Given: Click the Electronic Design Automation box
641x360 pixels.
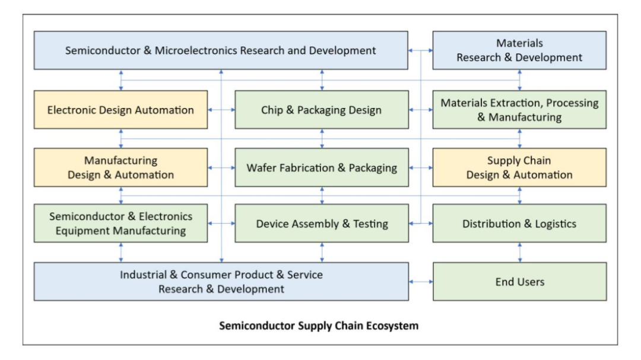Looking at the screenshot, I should click(x=121, y=110).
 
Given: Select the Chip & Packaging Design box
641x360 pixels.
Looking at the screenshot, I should click(x=322, y=110).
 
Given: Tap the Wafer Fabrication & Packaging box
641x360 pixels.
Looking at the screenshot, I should click(x=322, y=167).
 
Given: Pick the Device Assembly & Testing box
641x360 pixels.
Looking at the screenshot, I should click(x=322, y=224).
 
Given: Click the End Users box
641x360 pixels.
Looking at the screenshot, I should click(x=520, y=282).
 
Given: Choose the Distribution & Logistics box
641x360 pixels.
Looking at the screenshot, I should click(x=520, y=224).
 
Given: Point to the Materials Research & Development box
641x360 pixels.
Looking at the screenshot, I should click(x=520, y=50).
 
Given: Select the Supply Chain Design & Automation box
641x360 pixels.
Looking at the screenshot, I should click(x=520, y=167).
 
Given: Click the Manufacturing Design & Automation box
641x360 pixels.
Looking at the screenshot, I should click(x=121, y=167).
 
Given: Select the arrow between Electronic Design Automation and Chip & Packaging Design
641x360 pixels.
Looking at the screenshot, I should click(x=221, y=110).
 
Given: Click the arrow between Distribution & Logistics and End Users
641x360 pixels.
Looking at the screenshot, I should click(x=520, y=252).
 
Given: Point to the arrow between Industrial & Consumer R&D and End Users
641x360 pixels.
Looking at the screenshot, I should click(x=421, y=282).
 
